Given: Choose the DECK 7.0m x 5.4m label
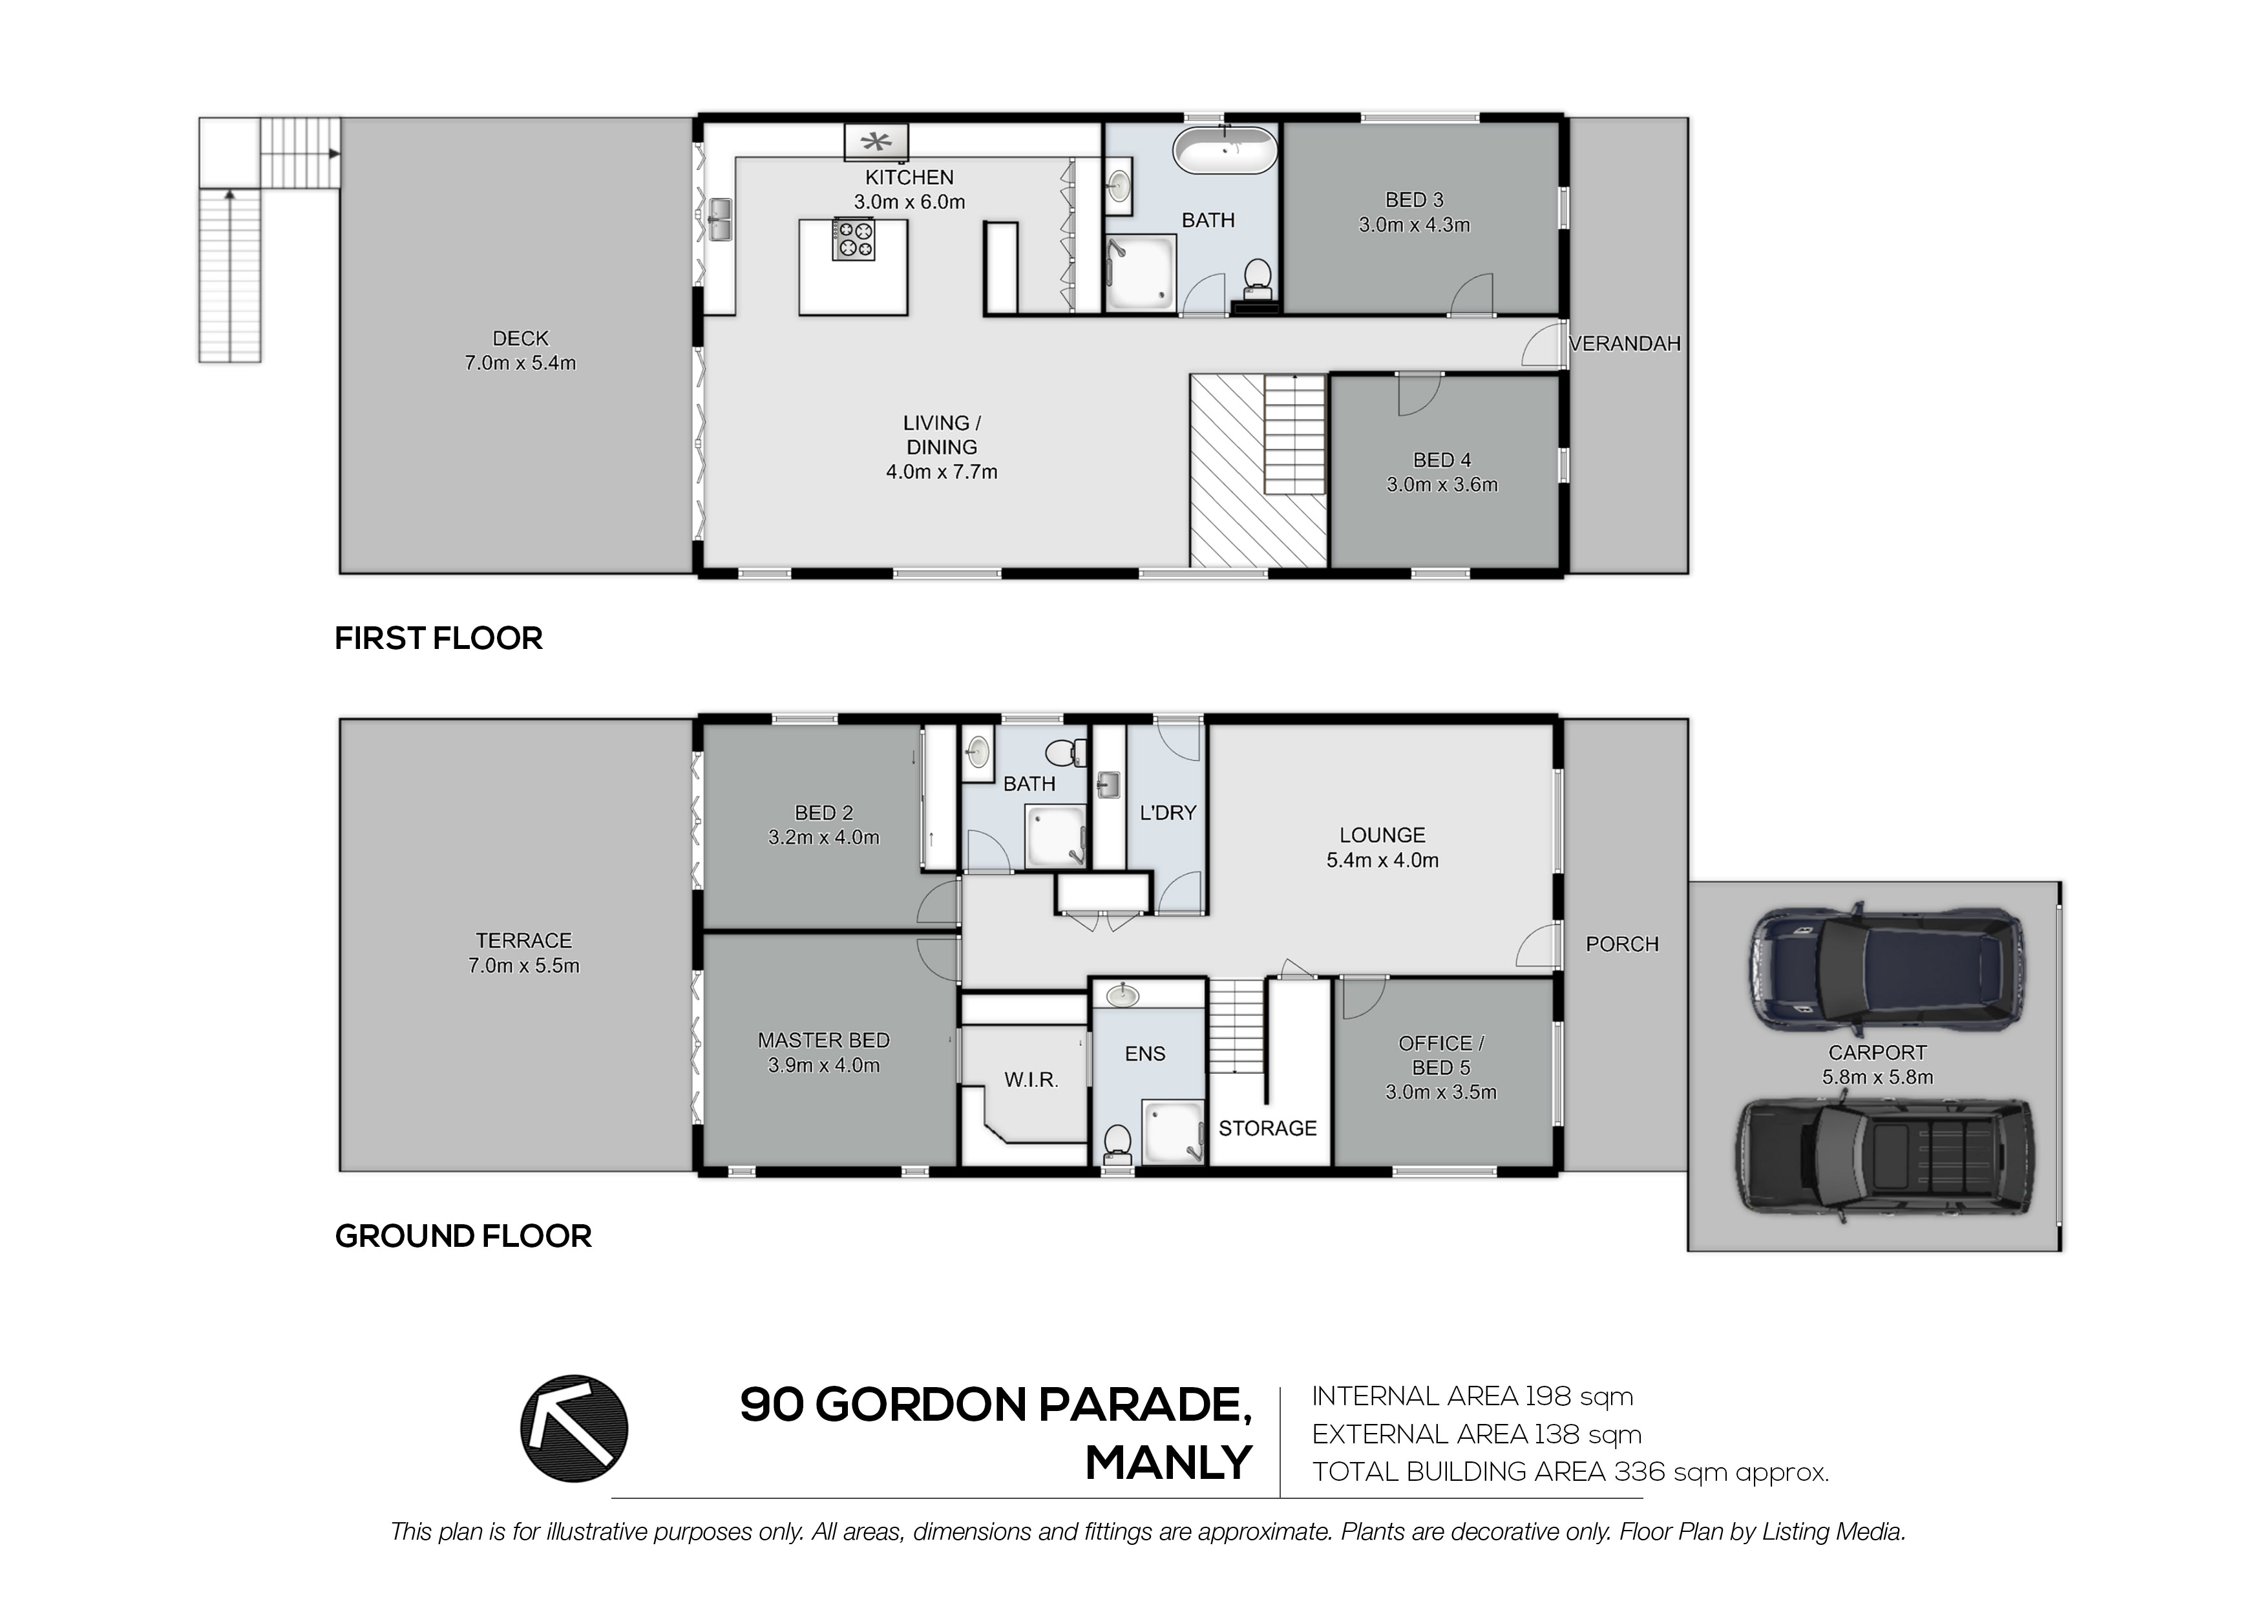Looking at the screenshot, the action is click(520, 350).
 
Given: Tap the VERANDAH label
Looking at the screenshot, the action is click(1624, 344).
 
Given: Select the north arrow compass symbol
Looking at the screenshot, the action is click(574, 1428).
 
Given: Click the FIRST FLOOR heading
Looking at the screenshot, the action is click(438, 638).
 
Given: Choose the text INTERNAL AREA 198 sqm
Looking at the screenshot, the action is click(1472, 1397).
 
